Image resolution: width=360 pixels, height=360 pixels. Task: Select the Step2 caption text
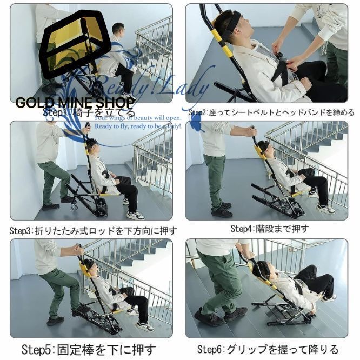(271, 112)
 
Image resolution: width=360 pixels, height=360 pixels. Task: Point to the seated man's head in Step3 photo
(91, 145)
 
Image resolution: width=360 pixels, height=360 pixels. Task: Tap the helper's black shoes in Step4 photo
(222, 210)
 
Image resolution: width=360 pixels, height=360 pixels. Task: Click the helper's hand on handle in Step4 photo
(252, 129)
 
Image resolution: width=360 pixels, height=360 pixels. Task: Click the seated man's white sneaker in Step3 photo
(135, 215)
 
